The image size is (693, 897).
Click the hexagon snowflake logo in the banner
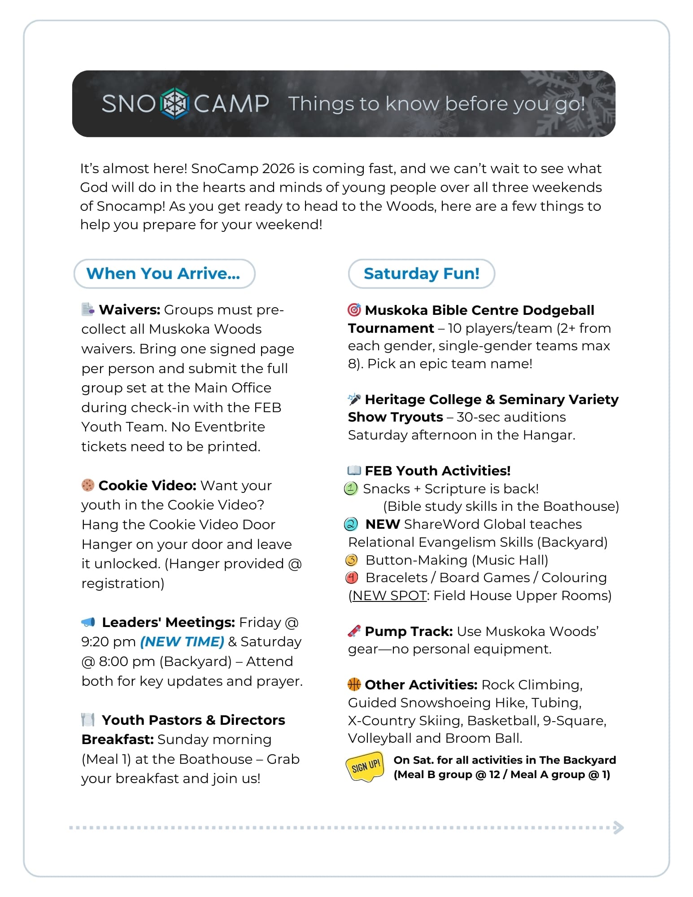tap(174, 104)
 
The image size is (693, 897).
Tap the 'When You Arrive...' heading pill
tap(164, 274)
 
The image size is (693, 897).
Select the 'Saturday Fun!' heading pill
tap(421, 274)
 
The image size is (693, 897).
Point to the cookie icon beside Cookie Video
tap(88, 485)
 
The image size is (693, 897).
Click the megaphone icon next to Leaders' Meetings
tap(88, 622)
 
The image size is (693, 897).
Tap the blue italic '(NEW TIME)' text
tap(182, 642)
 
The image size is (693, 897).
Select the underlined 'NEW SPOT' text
tap(389, 596)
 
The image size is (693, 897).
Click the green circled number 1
tap(351, 488)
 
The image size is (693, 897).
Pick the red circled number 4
tap(352, 578)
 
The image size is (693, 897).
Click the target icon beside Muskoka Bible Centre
tap(354, 310)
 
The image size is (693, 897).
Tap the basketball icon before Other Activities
tap(354, 684)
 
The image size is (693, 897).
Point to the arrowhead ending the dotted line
tap(619, 827)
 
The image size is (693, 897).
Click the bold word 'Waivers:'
tap(130, 310)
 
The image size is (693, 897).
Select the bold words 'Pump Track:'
tap(409, 631)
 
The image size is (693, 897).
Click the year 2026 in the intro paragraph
tap(278, 169)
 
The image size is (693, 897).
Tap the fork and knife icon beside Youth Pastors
tap(88, 720)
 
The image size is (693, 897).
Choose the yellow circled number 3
tap(352, 560)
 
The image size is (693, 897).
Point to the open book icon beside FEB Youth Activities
tap(354, 470)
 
